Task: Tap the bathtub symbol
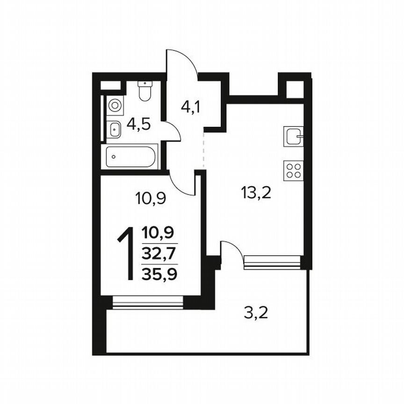coord(131,157)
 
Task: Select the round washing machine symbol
coord(114,105)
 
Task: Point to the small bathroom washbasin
coord(114,130)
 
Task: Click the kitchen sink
coord(294,137)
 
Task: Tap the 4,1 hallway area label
coord(191,108)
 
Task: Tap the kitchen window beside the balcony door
coord(272,263)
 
